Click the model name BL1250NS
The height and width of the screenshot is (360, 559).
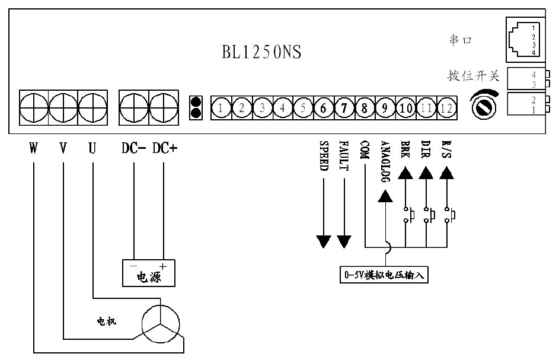(261, 52)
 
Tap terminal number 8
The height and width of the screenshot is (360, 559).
(365, 108)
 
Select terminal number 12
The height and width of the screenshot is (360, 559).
(446, 108)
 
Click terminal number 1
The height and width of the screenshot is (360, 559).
(221, 108)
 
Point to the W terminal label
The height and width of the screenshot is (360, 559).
(33, 148)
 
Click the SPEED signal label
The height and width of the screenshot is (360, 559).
(324, 156)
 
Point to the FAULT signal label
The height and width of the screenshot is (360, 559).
(344, 156)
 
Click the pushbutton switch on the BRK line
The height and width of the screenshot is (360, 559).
(408, 214)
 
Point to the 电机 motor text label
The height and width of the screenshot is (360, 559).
(107, 322)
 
